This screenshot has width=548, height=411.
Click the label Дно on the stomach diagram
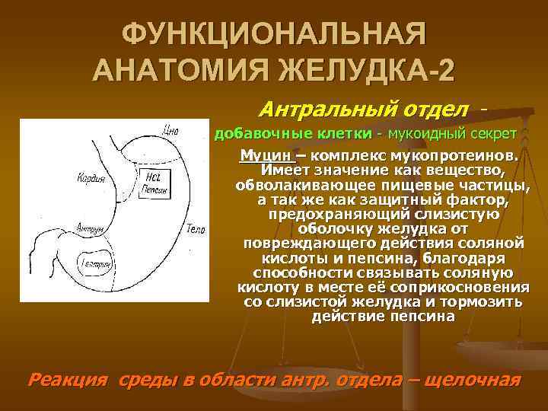170,130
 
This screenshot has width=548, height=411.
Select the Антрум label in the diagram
91,227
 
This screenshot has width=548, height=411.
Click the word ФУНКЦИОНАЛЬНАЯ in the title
274,35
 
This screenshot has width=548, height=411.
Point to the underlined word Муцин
260,155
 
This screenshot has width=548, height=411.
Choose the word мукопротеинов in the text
467,155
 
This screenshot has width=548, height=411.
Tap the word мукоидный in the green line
425,134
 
